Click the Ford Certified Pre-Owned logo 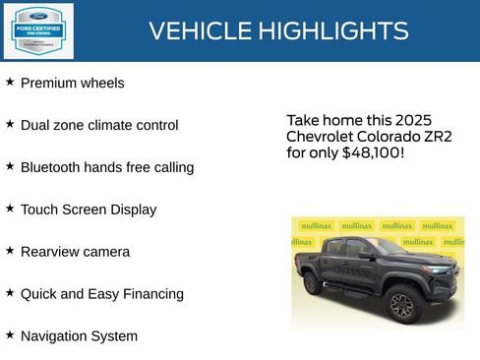36,30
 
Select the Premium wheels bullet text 72,84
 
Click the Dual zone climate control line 99,126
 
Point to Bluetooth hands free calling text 106,168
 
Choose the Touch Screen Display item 88,210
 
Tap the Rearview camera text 75,252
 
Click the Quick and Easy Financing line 101,294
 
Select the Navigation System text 79,336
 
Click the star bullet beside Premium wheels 10,83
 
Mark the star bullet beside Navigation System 10,335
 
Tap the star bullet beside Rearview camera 10,251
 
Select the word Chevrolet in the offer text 322,136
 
